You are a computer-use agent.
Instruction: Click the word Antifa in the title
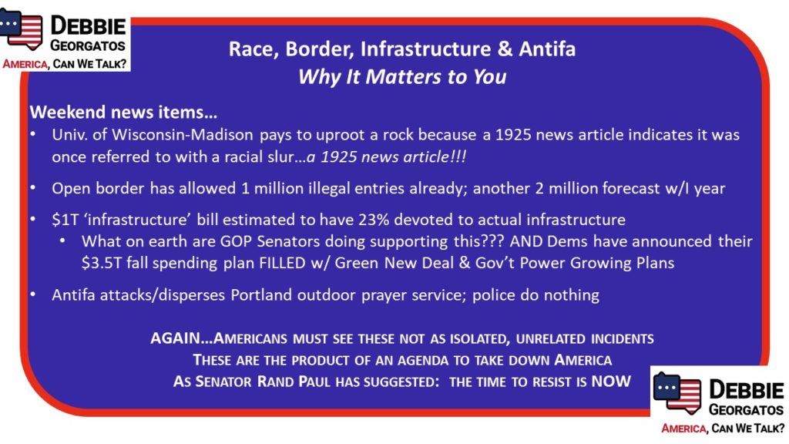pyautogui.click(x=547, y=49)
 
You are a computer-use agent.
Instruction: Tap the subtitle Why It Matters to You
pyautogui.click(x=402, y=77)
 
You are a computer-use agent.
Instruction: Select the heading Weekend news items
pyautogui.click(x=123, y=112)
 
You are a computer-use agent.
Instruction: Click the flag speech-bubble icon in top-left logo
pyautogui.click(x=21, y=29)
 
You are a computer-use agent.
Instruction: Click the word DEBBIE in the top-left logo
pyautogui.click(x=88, y=25)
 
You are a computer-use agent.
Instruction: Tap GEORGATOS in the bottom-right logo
pyautogui.click(x=746, y=410)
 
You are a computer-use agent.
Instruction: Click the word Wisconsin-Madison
pyautogui.click(x=182, y=135)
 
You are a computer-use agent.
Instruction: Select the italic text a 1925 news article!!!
pyautogui.click(x=386, y=157)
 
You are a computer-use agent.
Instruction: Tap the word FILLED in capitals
pyautogui.click(x=282, y=264)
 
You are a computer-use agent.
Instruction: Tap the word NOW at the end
pyautogui.click(x=611, y=381)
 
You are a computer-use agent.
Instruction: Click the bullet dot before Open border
pyautogui.click(x=32, y=188)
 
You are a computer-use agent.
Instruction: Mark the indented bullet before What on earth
pyautogui.click(x=62, y=241)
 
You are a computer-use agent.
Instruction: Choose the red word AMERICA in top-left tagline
pyautogui.click(x=25, y=65)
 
